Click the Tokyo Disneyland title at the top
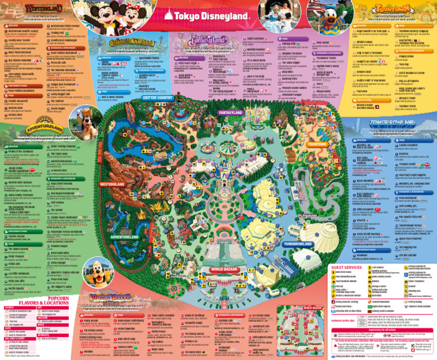click(x=218, y=15)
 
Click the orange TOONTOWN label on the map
click(x=316, y=129)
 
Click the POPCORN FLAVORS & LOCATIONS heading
click(x=60, y=301)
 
